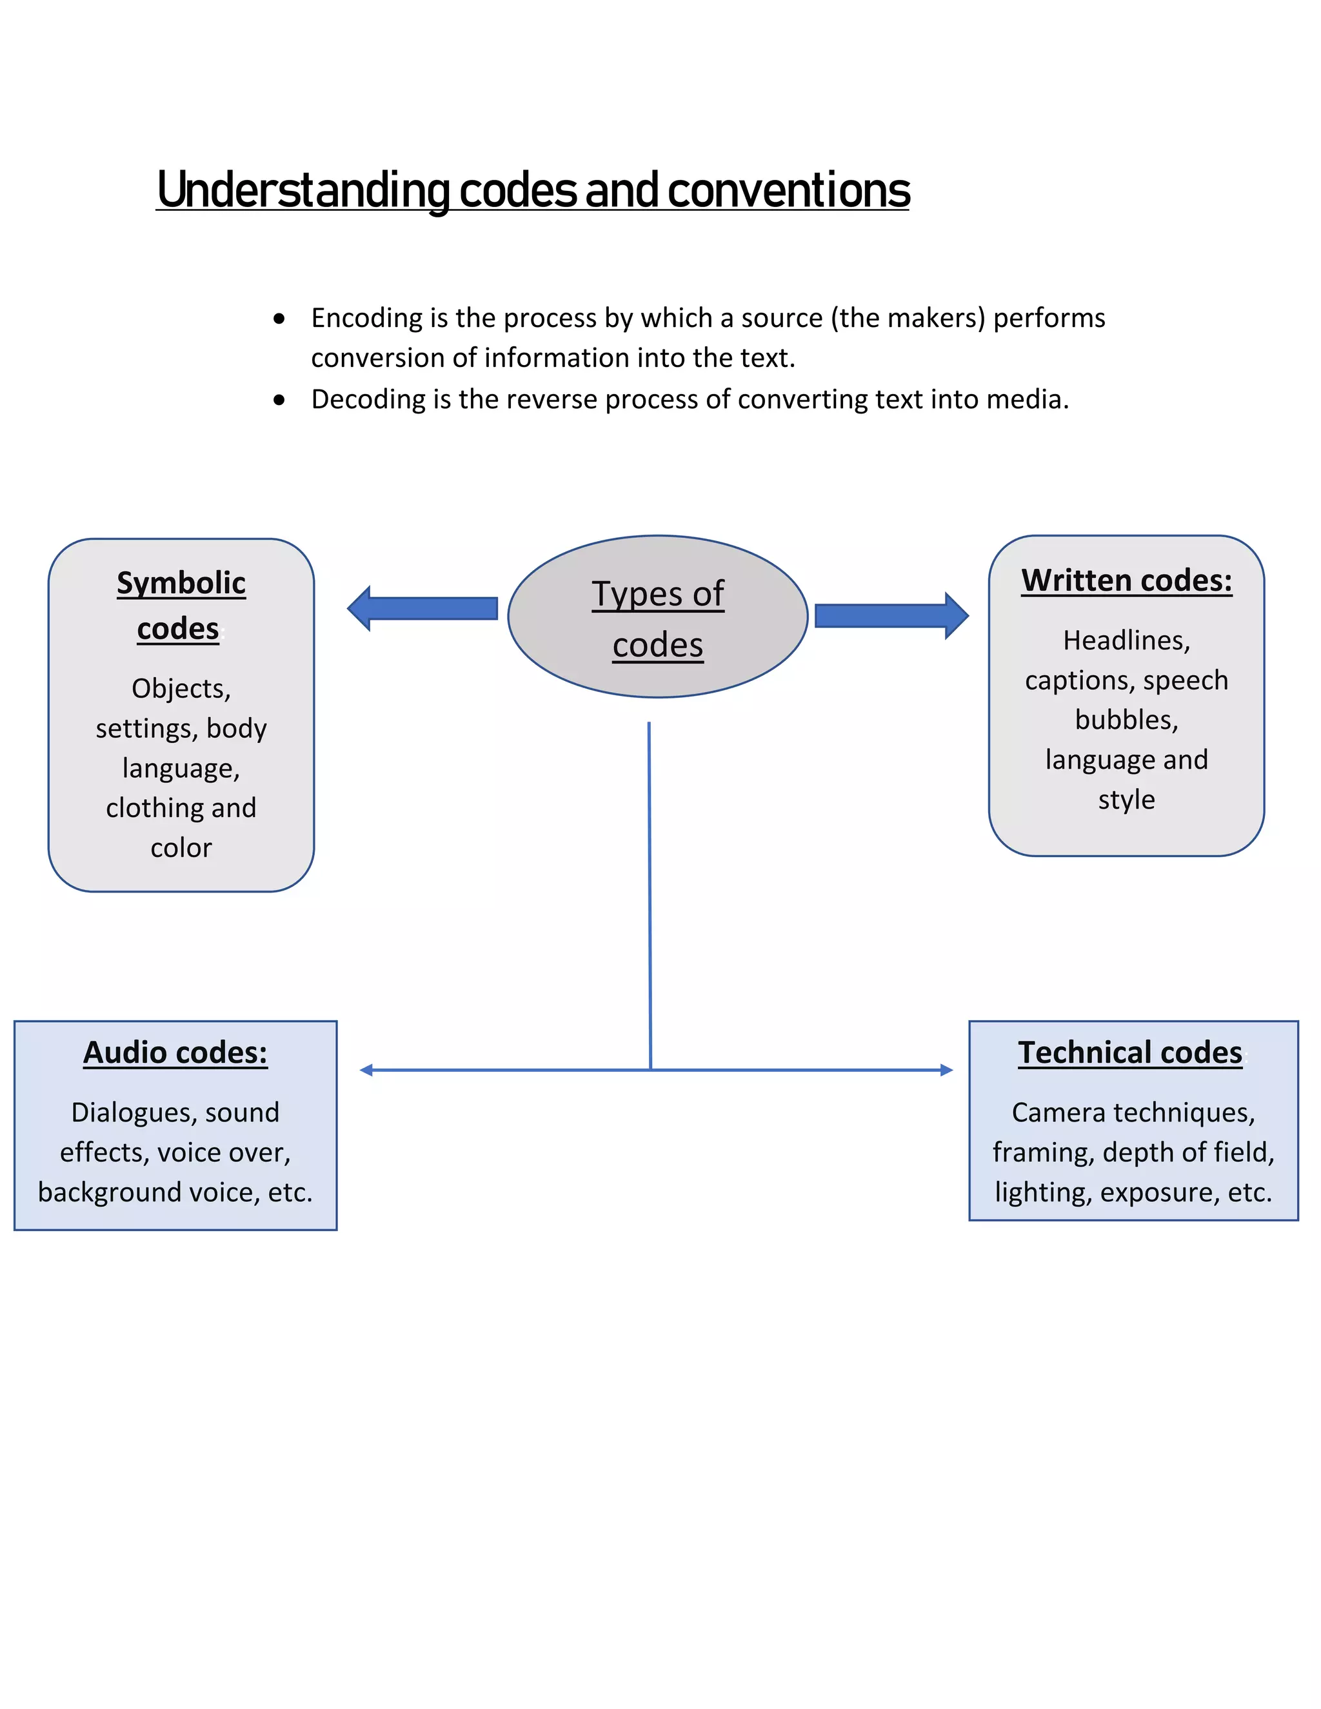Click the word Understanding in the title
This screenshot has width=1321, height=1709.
(x=303, y=190)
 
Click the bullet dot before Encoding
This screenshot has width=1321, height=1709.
(x=279, y=319)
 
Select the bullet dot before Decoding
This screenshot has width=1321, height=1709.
(x=279, y=400)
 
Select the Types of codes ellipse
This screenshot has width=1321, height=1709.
(x=657, y=617)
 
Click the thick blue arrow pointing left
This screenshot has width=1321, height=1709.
(x=422, y=608)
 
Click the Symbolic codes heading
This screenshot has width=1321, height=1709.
(x=181, y=606)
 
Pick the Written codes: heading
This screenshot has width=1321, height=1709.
(x=1126, y=580)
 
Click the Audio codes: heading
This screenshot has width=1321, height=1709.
(x=175, y=1052)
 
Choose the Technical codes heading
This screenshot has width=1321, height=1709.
(x=1130, y=1052)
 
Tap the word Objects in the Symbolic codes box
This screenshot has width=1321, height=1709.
(x=179, y=689)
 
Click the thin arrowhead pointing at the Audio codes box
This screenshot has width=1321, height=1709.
(x=366, y=1070)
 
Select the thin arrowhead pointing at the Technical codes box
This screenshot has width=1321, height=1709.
(x=947, y=1070)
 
